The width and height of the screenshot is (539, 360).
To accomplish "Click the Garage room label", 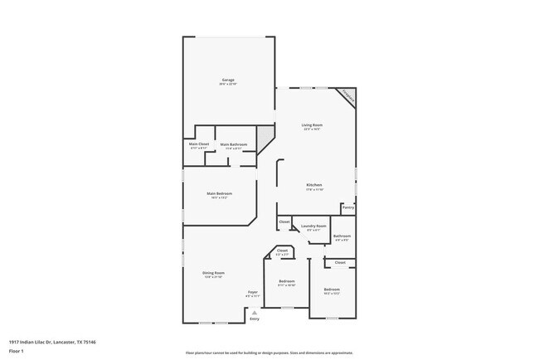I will pos(228,81).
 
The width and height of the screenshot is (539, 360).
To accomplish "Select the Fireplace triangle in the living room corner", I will pos(347,97).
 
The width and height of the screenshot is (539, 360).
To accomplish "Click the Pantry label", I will pos(347,207).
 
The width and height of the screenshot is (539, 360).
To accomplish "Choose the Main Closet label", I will pos(198,145).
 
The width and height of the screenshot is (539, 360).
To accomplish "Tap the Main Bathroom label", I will pos(233,145).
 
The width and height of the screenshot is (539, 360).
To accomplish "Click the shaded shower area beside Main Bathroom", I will pos(265,137).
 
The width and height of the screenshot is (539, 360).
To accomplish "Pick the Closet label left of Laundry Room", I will pos(284,221).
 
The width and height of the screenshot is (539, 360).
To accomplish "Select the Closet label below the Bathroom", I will pos(340,263).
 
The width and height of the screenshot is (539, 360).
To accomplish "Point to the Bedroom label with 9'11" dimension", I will pos(287,282).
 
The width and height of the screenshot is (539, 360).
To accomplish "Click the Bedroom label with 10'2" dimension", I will pos(332,289).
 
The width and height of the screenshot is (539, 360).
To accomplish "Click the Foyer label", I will pos(253,293).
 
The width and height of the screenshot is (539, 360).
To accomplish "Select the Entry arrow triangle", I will pos(254,312).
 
